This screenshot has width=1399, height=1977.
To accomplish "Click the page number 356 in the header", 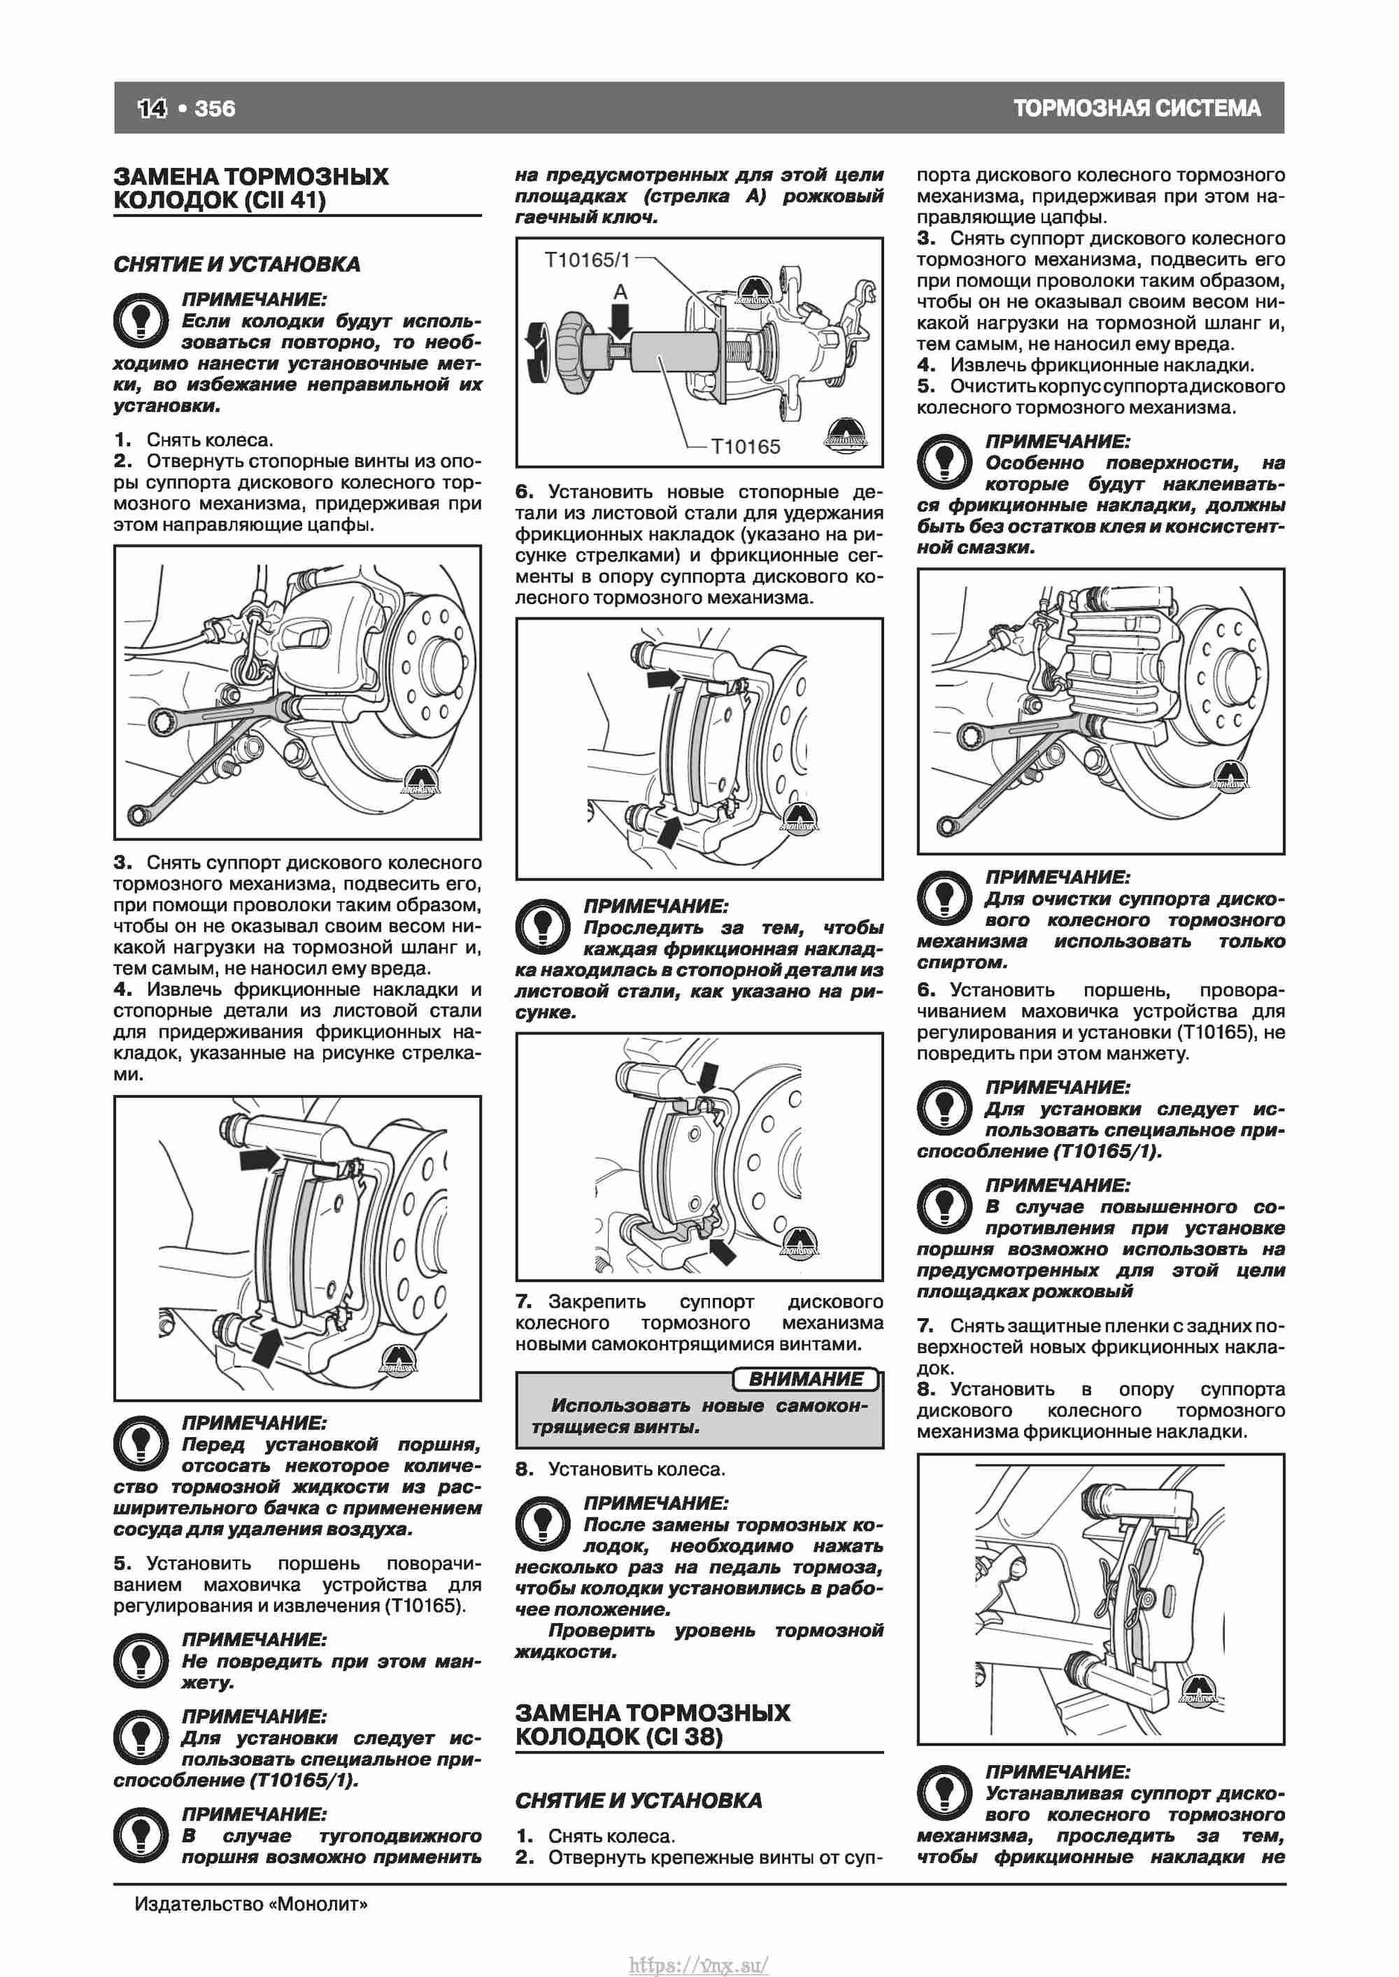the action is tap(215, 108).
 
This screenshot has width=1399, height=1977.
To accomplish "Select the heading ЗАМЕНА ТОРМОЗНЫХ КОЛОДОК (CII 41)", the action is tap(250, 189).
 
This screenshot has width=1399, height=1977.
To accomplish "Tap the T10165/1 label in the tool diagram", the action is tap(587, 260).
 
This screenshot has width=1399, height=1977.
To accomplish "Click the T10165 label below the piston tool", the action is tap(745, 446).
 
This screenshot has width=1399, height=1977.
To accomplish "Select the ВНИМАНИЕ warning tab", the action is tap(805, 1378).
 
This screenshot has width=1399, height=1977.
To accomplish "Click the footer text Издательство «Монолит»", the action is tap(250, 1903).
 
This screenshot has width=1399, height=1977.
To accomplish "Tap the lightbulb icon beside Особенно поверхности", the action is tap(944, 463).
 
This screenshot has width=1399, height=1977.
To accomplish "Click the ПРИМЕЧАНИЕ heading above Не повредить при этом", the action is tap(253, 1639).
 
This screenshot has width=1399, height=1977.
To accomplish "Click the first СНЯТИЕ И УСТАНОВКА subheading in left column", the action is tap(237, 264).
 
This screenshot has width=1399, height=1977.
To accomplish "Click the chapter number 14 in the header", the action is tap(152, 108).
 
